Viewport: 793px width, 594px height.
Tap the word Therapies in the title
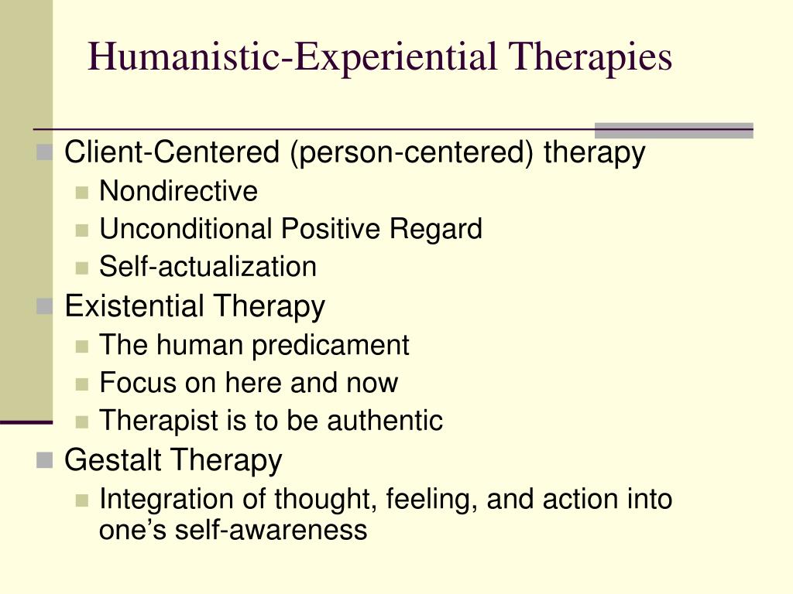click(x=590, y=57)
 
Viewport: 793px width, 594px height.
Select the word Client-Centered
click(x=172, y=152)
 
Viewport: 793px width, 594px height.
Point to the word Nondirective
click(x=179, y=191)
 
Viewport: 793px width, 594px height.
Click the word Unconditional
click(x=186, y=229)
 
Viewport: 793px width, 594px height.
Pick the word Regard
click(x=435, y=230)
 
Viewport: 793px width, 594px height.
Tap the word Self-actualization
click(x=208, y=267)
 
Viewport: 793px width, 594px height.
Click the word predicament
click(x=330, y=346)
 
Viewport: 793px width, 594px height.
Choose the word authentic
click(x=385, y=420)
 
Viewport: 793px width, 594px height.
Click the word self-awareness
click(x=271, y=530)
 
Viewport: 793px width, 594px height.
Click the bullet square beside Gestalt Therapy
click(x=44, y=460)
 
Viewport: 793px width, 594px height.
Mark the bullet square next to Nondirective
click(x=82, y=193)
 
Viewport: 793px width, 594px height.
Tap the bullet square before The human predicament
click(x=82, y=346)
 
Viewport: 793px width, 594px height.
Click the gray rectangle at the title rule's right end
click(x=675, y=130)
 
